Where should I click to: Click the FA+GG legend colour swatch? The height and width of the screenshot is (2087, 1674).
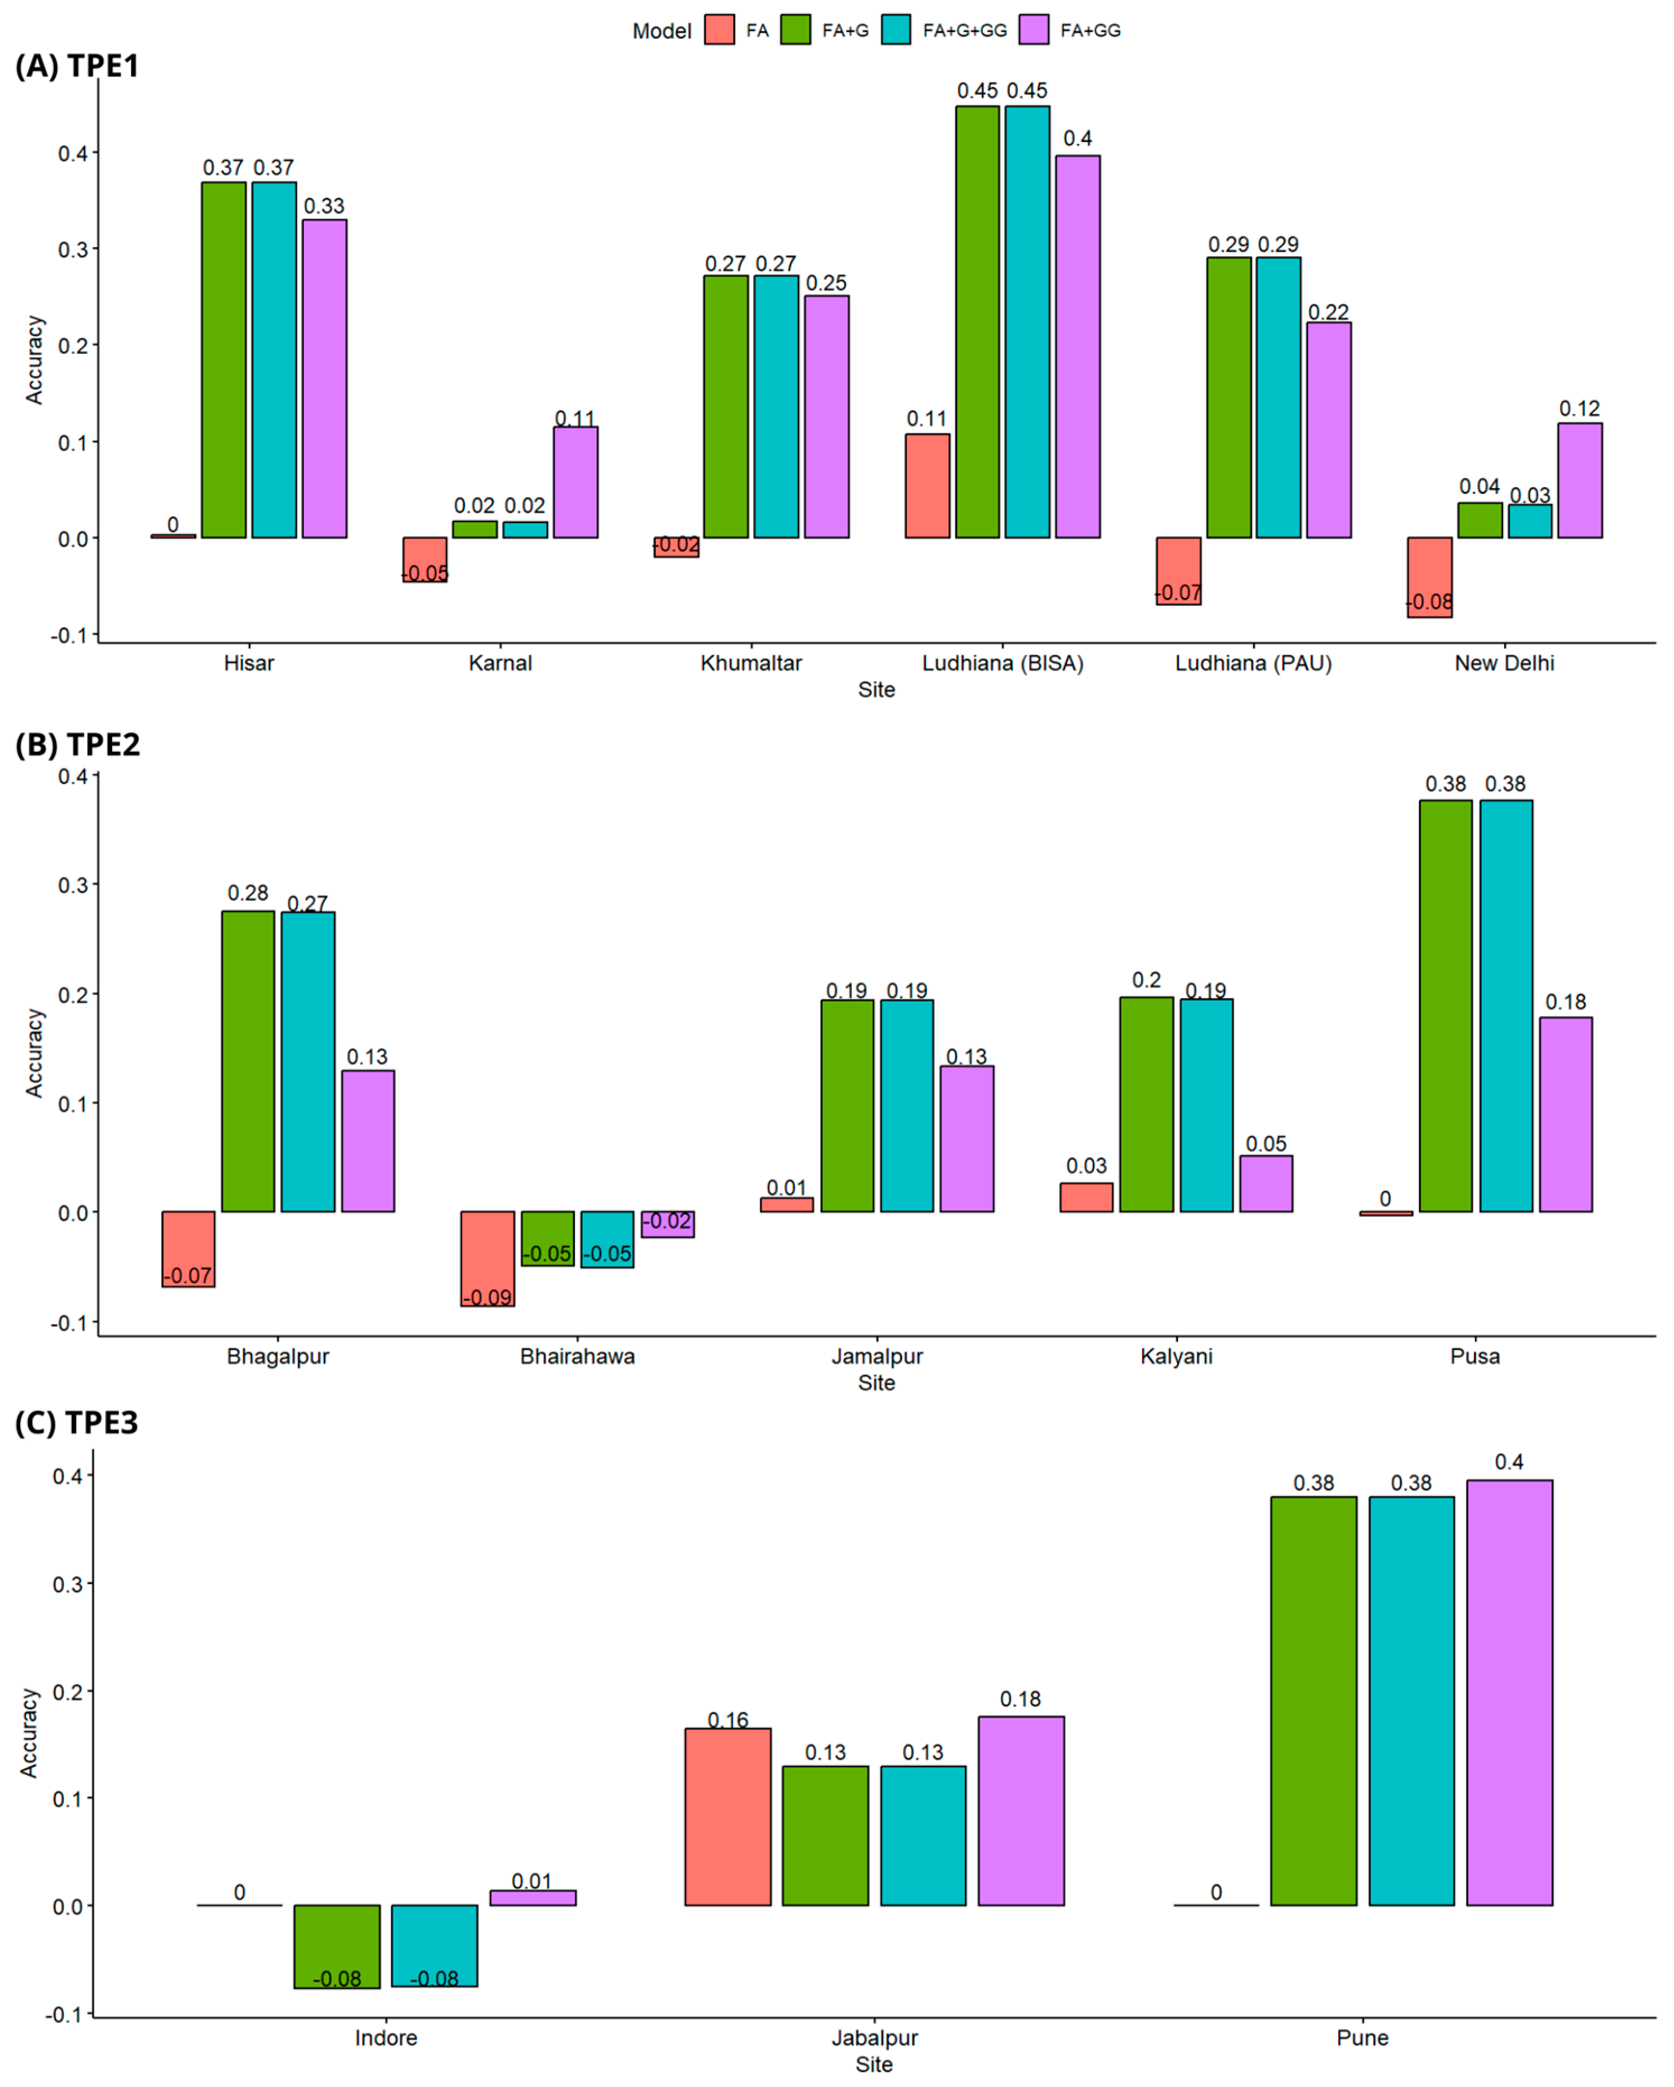pyautogui.click(x=1035, y=30)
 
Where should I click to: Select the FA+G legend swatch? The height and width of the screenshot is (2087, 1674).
pyautogui.click(x=795, y=30)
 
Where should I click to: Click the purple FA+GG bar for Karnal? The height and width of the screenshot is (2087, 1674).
pyautogui.click(x=575, y=482)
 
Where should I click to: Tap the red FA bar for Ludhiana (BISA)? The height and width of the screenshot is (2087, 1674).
pyautogui.click(x=927, y=486)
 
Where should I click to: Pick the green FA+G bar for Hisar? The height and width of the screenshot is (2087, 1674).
pyautogui.click(x=224, y=360)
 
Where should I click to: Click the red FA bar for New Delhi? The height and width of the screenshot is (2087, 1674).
pyautogui.click(x=1429, y=577)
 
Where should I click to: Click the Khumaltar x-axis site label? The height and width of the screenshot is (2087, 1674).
pyautogui.click(x=751, y=663)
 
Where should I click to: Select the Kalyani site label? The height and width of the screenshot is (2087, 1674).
pyautogui.click(x=1176, y=1356)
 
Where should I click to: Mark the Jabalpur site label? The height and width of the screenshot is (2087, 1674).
pyautogui.click(x=875, y=2038)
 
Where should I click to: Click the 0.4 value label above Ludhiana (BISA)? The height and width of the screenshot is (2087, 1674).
pyautogui.click(x=1077, y=138)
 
